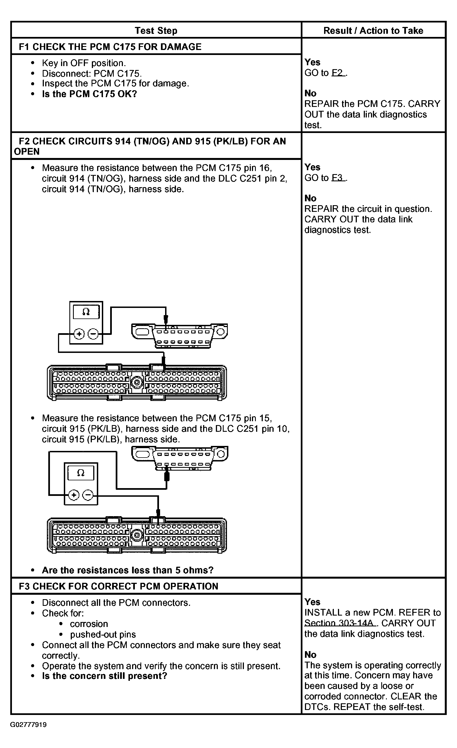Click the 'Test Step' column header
(x=156, y=30)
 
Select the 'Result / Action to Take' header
(x=373, y=30)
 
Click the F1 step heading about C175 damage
(x=110, y=47)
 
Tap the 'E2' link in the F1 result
(x=338, y=73)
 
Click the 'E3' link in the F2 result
(x=338, y=178)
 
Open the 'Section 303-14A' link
(x=340, y=623)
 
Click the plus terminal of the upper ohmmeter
(x=79, y=334)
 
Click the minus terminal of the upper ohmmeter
(x=93, y=334)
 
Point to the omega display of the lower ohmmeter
(x=81, y=473)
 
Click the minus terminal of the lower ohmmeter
(x=88, y=495)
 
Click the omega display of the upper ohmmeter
(x=86, y=312)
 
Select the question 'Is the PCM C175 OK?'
(x=90, y=94)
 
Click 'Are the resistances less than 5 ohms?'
(x=128, y=570)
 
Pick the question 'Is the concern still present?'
(x=105, y=676)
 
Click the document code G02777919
(x=29, y=725)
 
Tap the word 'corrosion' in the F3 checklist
(x=89, y=624)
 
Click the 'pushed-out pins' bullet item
(x=103, y=634)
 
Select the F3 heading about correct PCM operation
(x=118, y=586)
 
